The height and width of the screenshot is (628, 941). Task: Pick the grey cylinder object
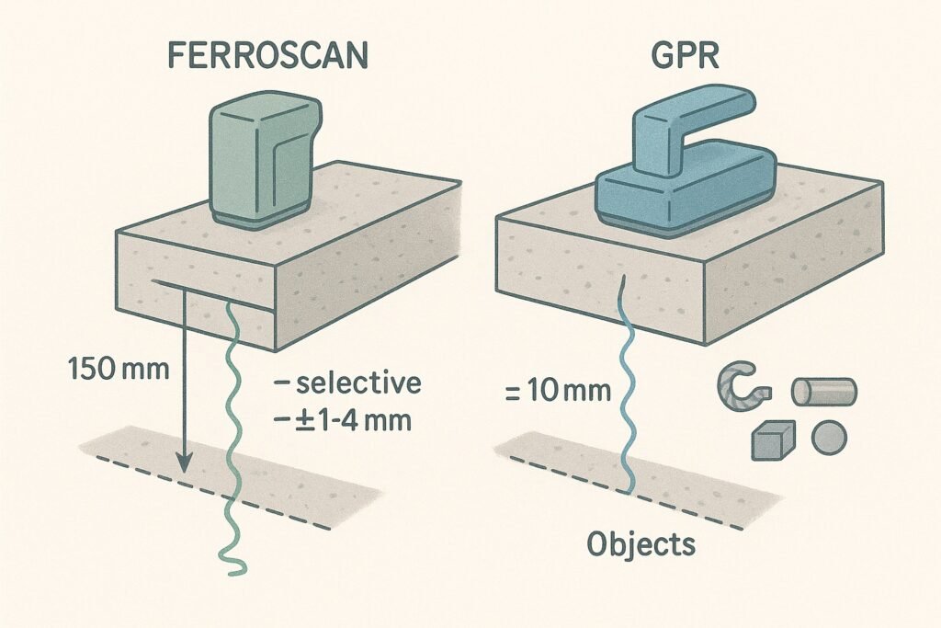pos(823,391)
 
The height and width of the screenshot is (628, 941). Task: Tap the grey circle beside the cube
pos(830,435)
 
